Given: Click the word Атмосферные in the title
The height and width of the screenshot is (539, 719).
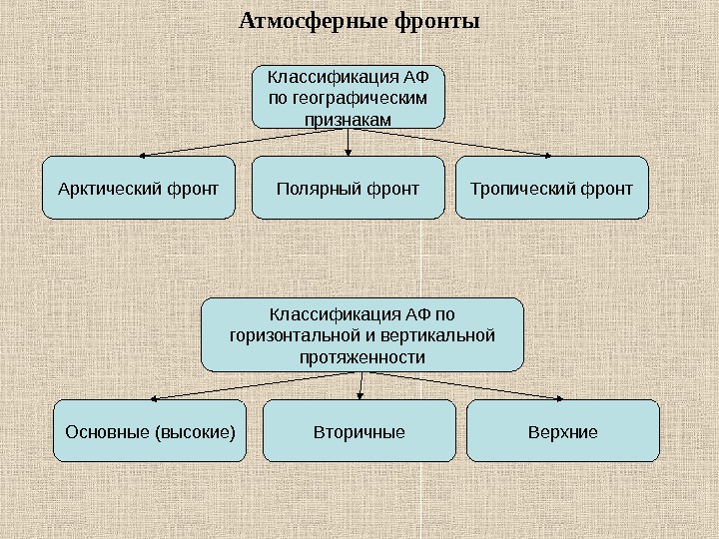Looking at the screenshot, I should point(309,20).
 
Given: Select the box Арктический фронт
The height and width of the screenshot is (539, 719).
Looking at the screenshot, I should point(139,187).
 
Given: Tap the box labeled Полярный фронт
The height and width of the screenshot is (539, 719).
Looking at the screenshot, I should point(348,187).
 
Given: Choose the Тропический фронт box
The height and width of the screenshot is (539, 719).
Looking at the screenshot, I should point(551,187).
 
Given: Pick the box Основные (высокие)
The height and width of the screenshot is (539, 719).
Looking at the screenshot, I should point(150,431).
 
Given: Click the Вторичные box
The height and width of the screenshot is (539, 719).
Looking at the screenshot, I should point(359,431).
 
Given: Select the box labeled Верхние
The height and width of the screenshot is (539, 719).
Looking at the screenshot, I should point(563,431).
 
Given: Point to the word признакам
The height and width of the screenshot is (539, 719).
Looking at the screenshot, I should point(348,119).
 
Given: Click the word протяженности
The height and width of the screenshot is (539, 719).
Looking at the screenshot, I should point(361,356).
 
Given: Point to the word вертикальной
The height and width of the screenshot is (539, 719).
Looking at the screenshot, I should point(445,335).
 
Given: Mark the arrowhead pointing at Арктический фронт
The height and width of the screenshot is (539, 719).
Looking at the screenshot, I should point(143,156).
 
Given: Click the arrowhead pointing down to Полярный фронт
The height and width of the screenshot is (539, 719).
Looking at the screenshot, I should point(348,152).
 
